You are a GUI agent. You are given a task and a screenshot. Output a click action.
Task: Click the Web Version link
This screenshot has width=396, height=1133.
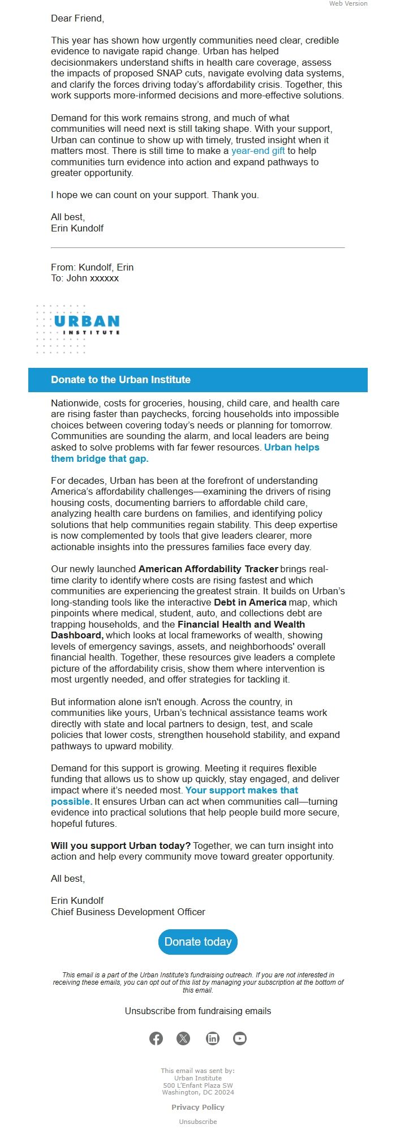(x=348, y=3)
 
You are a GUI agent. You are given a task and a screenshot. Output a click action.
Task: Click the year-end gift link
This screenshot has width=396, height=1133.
(x=258, y=151)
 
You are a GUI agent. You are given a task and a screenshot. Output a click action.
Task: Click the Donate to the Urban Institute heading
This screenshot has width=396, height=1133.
(x=120, y=380)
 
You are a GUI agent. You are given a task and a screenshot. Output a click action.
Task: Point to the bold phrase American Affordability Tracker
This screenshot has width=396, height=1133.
(x=208, y=569)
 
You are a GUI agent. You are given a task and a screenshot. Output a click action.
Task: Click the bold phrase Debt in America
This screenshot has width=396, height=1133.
(x=250, y=602)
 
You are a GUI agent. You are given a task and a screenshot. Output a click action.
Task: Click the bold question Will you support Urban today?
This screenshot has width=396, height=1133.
(x=120, y=846)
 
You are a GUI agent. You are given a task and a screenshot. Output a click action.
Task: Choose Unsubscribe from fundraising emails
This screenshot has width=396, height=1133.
(x=198, y=1011)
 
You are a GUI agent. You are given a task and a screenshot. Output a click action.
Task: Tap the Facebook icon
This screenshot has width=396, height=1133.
(x=156, y=1038)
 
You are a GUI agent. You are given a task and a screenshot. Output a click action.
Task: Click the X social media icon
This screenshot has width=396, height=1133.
(x=183, y=1038)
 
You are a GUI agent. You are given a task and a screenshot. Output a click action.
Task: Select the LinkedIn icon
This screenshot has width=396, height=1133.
(x=213, y=1038)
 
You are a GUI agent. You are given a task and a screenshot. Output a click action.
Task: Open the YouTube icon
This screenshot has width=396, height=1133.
(x=240, y=1038)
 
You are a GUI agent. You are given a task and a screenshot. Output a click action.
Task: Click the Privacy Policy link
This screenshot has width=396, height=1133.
(x=198, y=1107)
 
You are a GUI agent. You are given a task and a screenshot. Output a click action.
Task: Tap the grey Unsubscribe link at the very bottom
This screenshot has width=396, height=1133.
(x=198, y=1121)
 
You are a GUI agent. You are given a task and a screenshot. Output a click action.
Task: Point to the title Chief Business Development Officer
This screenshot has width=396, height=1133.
(x=128, y=912)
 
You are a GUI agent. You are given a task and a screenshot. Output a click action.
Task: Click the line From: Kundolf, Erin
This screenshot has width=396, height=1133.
(x=92, y=267)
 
